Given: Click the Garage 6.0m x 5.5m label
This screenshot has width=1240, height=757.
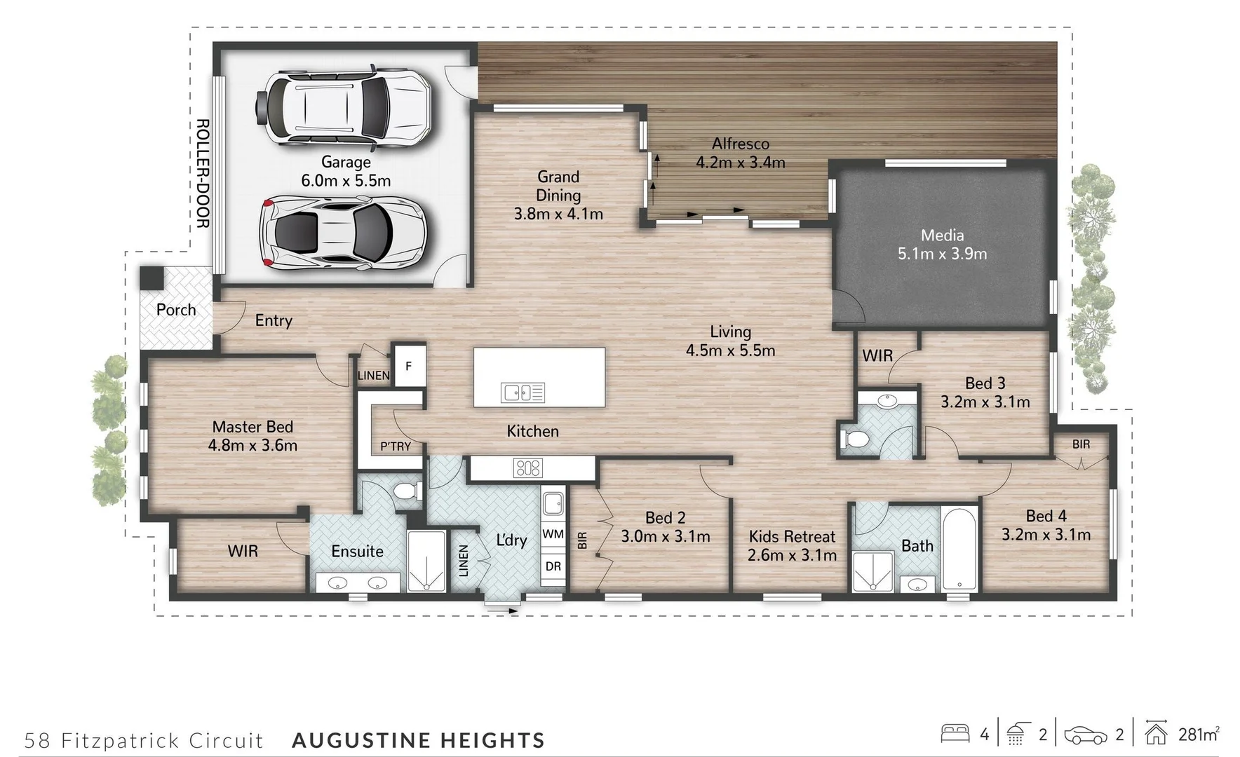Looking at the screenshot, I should point(346,172).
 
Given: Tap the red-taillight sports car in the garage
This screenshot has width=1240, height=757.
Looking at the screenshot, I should point(343,233).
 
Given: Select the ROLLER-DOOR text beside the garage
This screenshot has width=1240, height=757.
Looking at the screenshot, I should point(202,174).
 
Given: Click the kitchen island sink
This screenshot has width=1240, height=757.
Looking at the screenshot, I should point(523,393).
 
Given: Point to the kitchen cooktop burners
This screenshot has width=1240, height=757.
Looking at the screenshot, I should point(527,468).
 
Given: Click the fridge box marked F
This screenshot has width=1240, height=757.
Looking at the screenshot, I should point(408,366).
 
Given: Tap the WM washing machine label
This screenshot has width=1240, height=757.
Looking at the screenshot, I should point(553,534).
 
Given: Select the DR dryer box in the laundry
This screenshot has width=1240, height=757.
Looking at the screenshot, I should point(553,566).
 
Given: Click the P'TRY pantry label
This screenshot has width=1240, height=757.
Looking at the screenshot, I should point(396,446).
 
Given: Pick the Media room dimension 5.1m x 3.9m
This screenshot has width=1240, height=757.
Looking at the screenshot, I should point(942,254).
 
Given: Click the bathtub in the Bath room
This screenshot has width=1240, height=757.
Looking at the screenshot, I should point(959,550).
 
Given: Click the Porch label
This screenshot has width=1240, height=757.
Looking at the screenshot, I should point(176,310).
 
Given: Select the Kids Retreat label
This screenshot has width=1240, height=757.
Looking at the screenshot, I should point(792,537).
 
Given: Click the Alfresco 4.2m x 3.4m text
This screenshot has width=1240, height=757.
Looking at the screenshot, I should point(741,154).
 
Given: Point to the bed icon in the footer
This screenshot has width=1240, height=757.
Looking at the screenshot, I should point(955,734).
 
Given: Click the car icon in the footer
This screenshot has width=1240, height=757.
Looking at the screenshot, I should point(1086,735).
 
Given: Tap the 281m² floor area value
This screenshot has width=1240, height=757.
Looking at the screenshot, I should point(1198,734).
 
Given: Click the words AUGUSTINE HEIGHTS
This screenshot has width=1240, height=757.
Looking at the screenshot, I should point(418,740).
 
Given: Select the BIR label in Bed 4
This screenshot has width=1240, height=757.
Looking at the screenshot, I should point(1081,444).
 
